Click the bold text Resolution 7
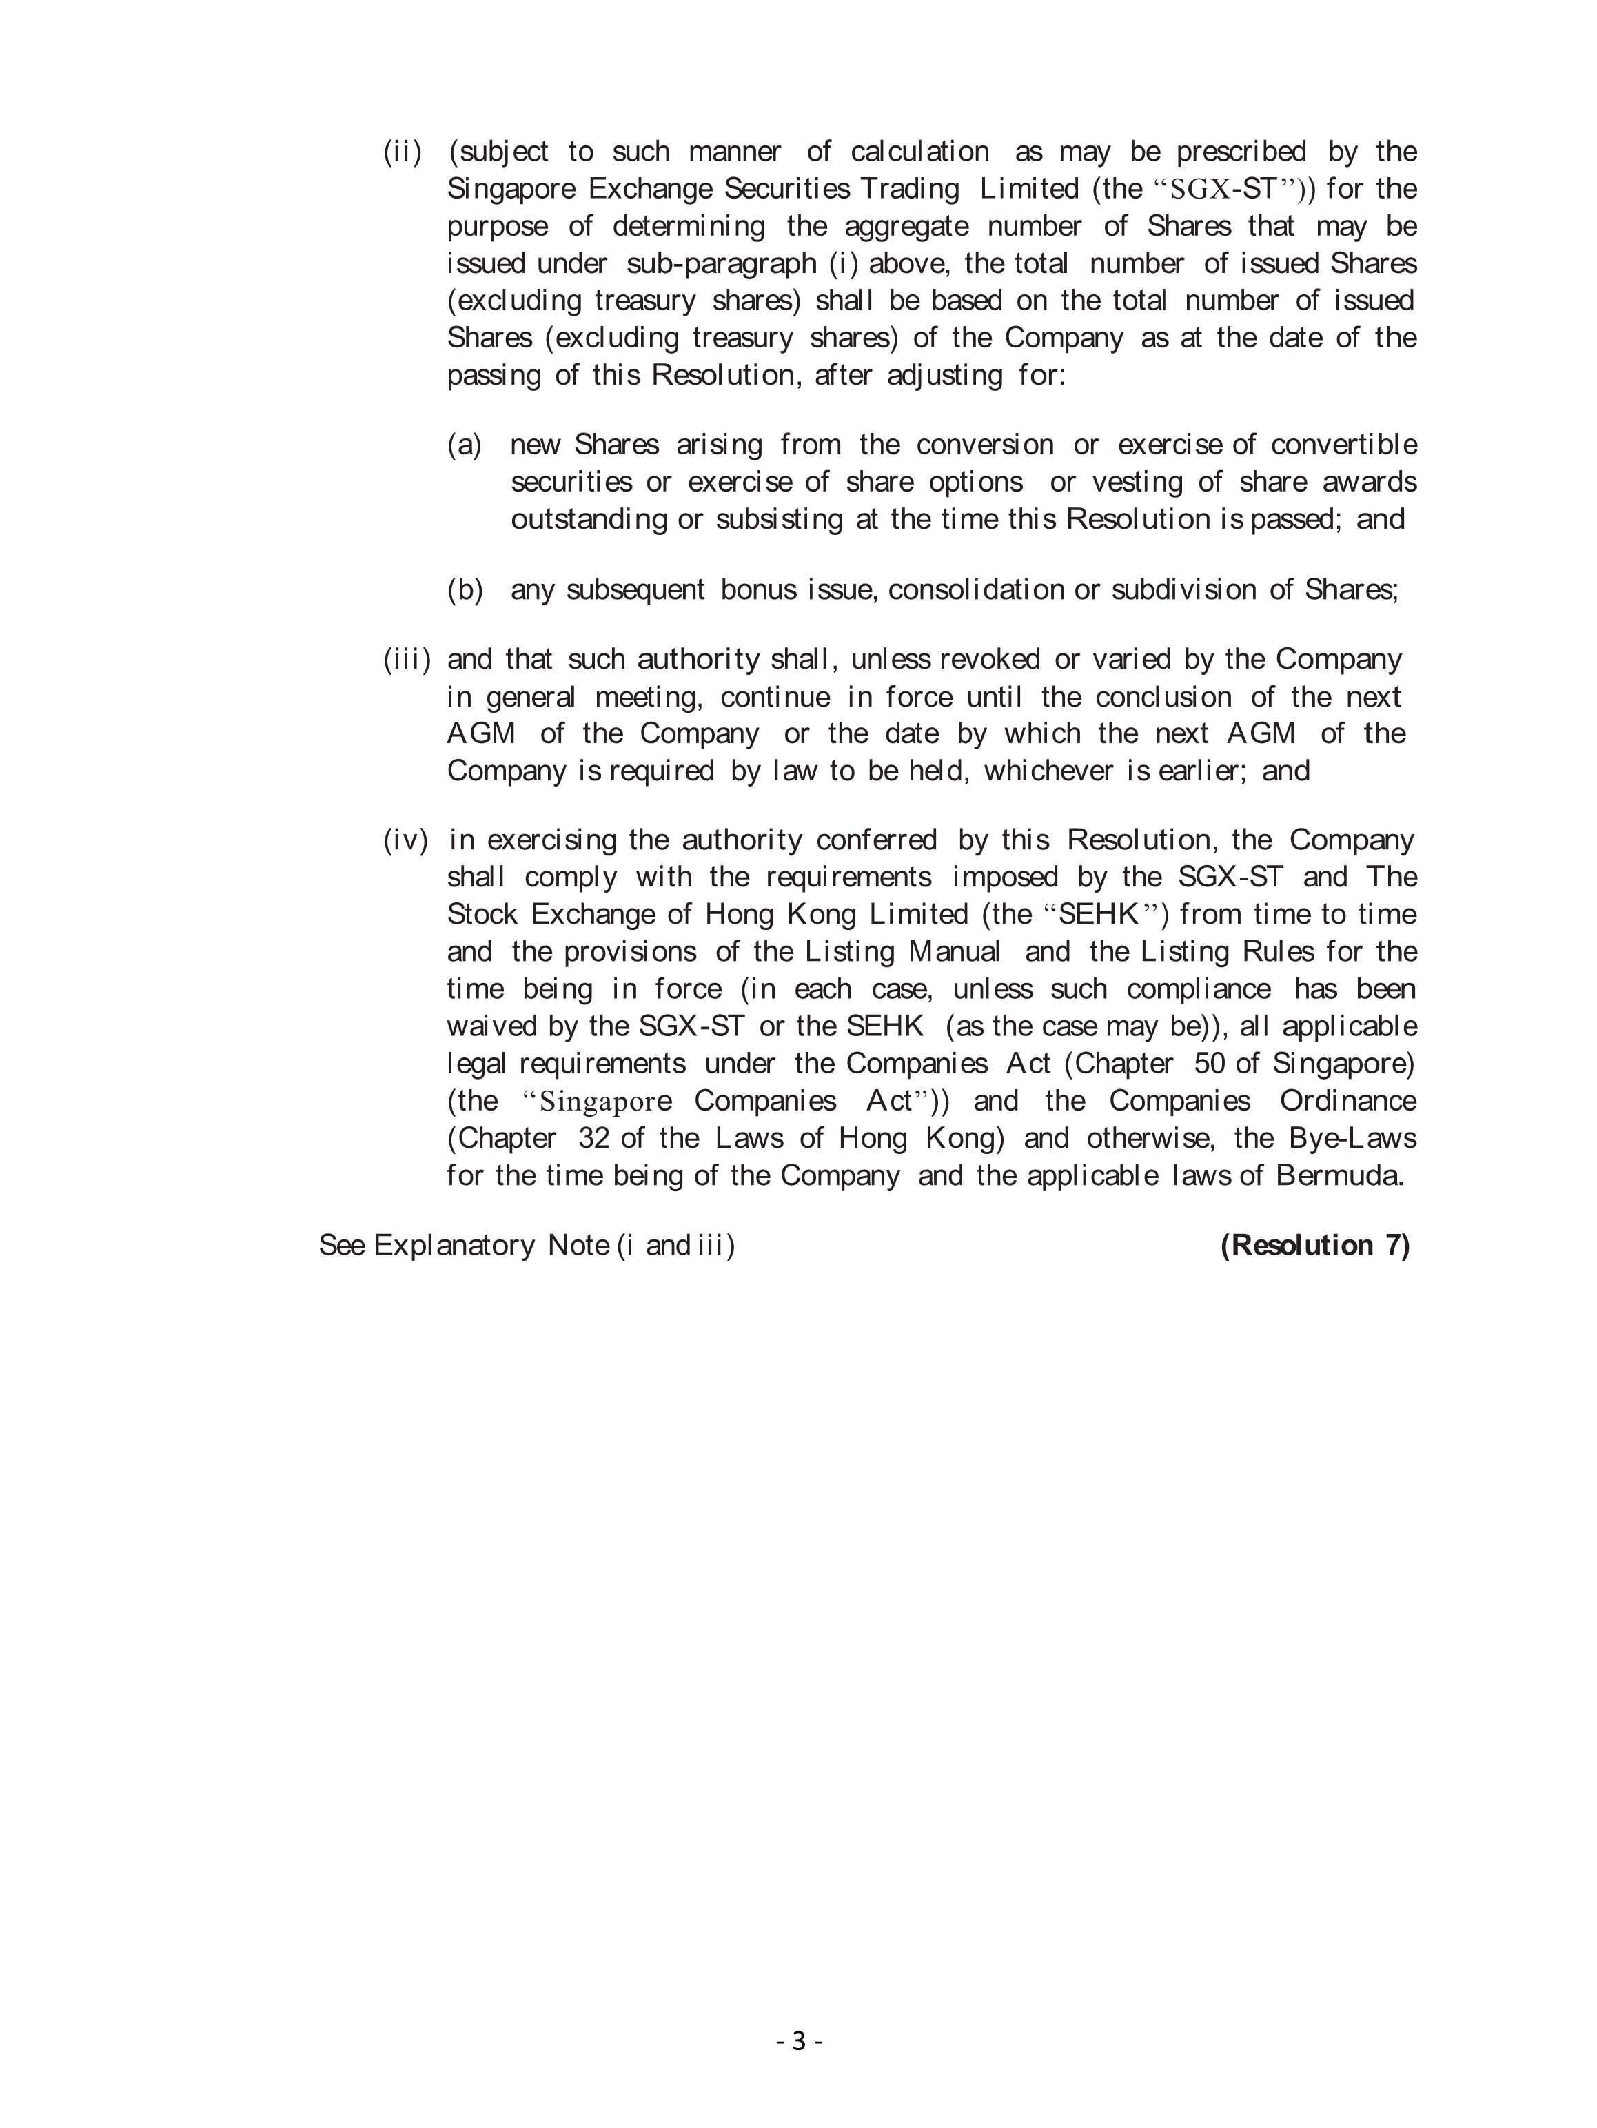1314,1245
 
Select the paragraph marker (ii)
402,152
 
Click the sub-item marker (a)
464,445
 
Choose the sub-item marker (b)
465,589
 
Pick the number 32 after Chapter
596,1138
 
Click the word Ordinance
1347,1101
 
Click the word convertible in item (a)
1343,445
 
